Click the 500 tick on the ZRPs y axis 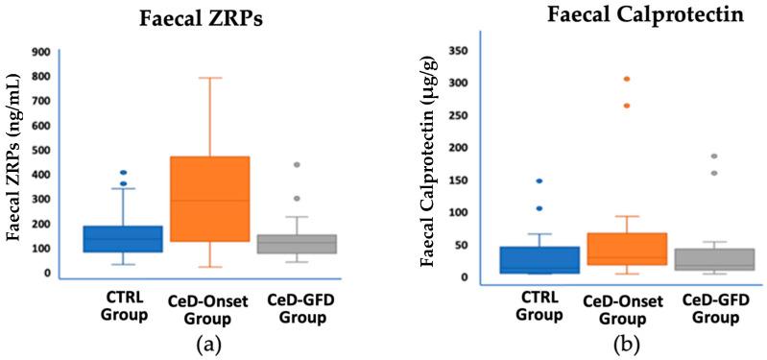tap(41, 151)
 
